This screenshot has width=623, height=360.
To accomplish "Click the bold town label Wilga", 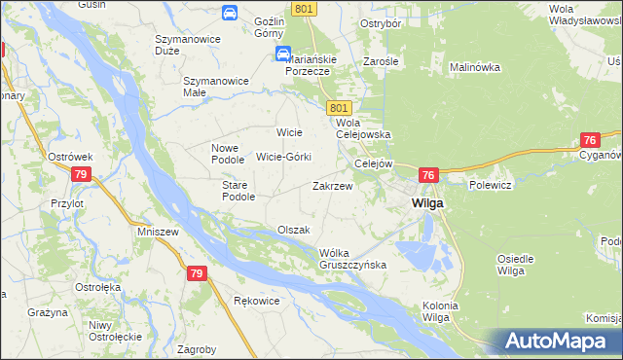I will [x=427, y=203].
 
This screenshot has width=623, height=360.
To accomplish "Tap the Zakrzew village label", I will [x=331, y=185].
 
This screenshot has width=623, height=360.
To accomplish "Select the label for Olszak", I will [x=293, y=230].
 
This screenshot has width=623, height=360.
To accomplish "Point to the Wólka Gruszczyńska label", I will [x=353, y=259].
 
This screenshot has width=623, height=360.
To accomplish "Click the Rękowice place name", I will [x=257, y=301].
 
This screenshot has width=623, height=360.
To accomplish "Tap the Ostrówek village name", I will [x=70, y=156].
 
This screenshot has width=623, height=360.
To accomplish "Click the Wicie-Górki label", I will [x=282, y=156].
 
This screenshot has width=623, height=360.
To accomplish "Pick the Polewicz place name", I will [x=490, y=183].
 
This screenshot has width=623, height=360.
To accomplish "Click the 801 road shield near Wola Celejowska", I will [x=339, y=106].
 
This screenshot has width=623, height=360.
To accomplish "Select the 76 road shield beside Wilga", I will [x=428, y=175].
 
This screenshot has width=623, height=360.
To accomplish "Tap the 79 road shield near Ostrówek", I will [x=81, y=174].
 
